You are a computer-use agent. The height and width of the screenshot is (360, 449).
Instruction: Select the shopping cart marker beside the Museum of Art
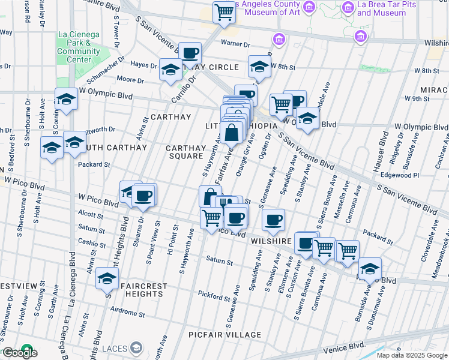pos(224,12)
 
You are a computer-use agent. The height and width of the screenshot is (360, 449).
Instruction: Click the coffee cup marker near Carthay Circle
pos(190,53)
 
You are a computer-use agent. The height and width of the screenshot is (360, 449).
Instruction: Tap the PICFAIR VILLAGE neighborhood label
pos(224,335)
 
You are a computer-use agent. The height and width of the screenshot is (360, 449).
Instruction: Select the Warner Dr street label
pos(235,44)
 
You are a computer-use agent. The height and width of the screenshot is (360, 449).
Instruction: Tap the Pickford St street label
pos(215,296)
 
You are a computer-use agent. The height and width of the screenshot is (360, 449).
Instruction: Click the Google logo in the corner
pos(19,352)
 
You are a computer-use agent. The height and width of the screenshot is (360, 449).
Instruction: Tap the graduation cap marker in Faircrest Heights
pos(107,280)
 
